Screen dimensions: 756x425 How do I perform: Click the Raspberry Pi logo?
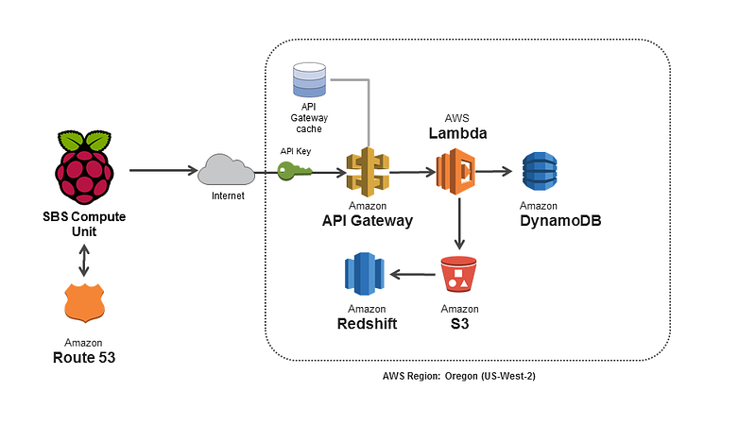pyautogui.click(x=85, y=167)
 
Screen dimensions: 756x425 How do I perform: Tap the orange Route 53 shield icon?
pyautogui.click(x=84, y=302)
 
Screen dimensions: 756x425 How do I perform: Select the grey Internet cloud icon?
pyautogui.click(x=226, y=170)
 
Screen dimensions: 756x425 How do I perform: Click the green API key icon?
pyautogui.click(x=295, y=171)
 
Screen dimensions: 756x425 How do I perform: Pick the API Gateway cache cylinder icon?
pyautogui.click(x=309, y=79)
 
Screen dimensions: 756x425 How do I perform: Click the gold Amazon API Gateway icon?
pyautogui.click(x=368, y=172)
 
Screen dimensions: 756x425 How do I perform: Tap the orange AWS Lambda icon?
pyautogui.click(x=455, y=172)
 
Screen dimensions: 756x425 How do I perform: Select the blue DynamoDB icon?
pyautogui.click(x=540, y=172)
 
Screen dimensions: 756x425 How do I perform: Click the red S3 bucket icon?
pyautogui.click(x=458, y=274)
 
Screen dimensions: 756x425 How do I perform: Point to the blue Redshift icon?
pyautogui.click(x=365, y=274)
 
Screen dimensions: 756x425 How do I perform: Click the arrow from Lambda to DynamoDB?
pyautogui.click(x=493, y=171)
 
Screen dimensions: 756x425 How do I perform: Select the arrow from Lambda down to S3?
pyautogui.click(x=459, y=224)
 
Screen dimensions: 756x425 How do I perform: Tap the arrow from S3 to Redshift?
pyautogui.click(x=413, y=275)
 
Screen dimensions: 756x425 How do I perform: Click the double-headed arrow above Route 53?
pyautogui.click(x=84, y=261)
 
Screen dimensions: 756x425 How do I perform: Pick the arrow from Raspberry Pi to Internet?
pyautogui.click(x=163, y=170)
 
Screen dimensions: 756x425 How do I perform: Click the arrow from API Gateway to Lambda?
pyautogui.click(x=413, y=172)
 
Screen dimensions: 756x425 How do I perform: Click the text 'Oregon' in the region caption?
pyautogui.click(x=461, y=376)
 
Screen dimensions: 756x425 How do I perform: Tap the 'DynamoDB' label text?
pyautogui.click(x=560, y=221)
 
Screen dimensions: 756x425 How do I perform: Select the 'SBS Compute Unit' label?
pyautogui.click(x=84, y=224)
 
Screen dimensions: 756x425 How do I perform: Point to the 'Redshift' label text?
pyautogui.click(x=367, y=324)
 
